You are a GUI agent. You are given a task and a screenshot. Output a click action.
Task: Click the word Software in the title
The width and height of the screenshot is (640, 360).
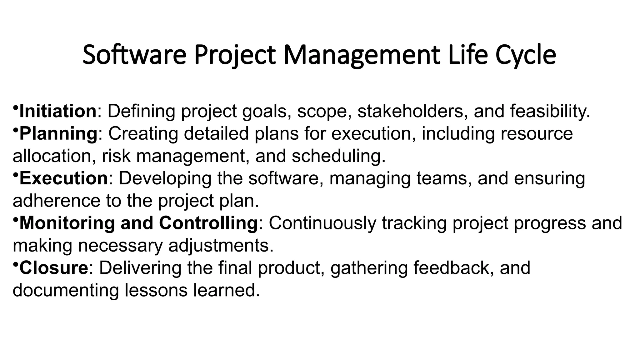point(134,55)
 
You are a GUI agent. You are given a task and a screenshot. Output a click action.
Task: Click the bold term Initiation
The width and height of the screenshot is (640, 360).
point(58,111)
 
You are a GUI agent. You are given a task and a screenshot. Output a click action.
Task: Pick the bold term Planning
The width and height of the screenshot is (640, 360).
point(59,134)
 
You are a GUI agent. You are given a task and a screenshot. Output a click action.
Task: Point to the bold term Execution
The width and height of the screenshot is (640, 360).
point(64,178)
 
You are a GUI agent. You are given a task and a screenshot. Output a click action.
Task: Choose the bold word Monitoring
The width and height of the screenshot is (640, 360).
point(67,223)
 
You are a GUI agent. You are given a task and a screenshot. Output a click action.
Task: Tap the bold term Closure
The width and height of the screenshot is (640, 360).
point(54,268)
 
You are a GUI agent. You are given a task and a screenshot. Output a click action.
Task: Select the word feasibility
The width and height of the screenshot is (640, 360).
point(550,111)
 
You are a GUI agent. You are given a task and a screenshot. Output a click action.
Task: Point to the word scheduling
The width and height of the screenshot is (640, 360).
point(338,156)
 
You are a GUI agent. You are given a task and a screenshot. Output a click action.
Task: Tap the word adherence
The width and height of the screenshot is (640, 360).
point(56,201)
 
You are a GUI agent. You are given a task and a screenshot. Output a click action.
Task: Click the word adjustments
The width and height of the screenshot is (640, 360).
point(221,246)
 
